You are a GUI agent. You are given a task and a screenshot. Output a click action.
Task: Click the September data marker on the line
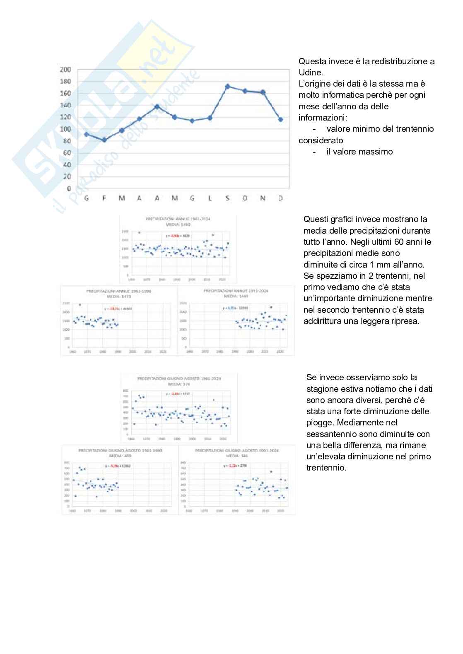pos(227,87)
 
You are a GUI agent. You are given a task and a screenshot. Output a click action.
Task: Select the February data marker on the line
pos(104,140)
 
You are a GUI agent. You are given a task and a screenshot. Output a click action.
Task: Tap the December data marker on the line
pos(280,119)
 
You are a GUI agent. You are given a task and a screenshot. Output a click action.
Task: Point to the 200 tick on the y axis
pos(65,70)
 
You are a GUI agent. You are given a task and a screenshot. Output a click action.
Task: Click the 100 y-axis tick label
pos(65,129)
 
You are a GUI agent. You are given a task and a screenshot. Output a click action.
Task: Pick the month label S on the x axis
pos(227,198)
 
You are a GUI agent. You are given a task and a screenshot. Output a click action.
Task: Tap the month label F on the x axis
pos(104,198)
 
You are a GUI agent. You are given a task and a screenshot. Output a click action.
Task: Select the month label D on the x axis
pos(280,198)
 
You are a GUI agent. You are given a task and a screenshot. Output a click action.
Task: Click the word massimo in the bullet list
pos(376,152)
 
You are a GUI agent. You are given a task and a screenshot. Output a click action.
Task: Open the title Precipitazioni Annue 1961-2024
pos(178,219)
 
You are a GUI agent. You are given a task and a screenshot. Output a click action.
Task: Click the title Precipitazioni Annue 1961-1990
pos(119,291)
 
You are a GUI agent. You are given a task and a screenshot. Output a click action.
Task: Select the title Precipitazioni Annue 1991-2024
pos(236,291)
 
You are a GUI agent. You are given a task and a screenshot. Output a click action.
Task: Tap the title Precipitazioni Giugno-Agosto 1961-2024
pos(179,378)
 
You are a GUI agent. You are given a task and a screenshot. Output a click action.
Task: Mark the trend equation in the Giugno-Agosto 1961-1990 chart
pos(118,466)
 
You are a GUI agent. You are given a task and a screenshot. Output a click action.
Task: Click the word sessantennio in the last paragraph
pos(330,434)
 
